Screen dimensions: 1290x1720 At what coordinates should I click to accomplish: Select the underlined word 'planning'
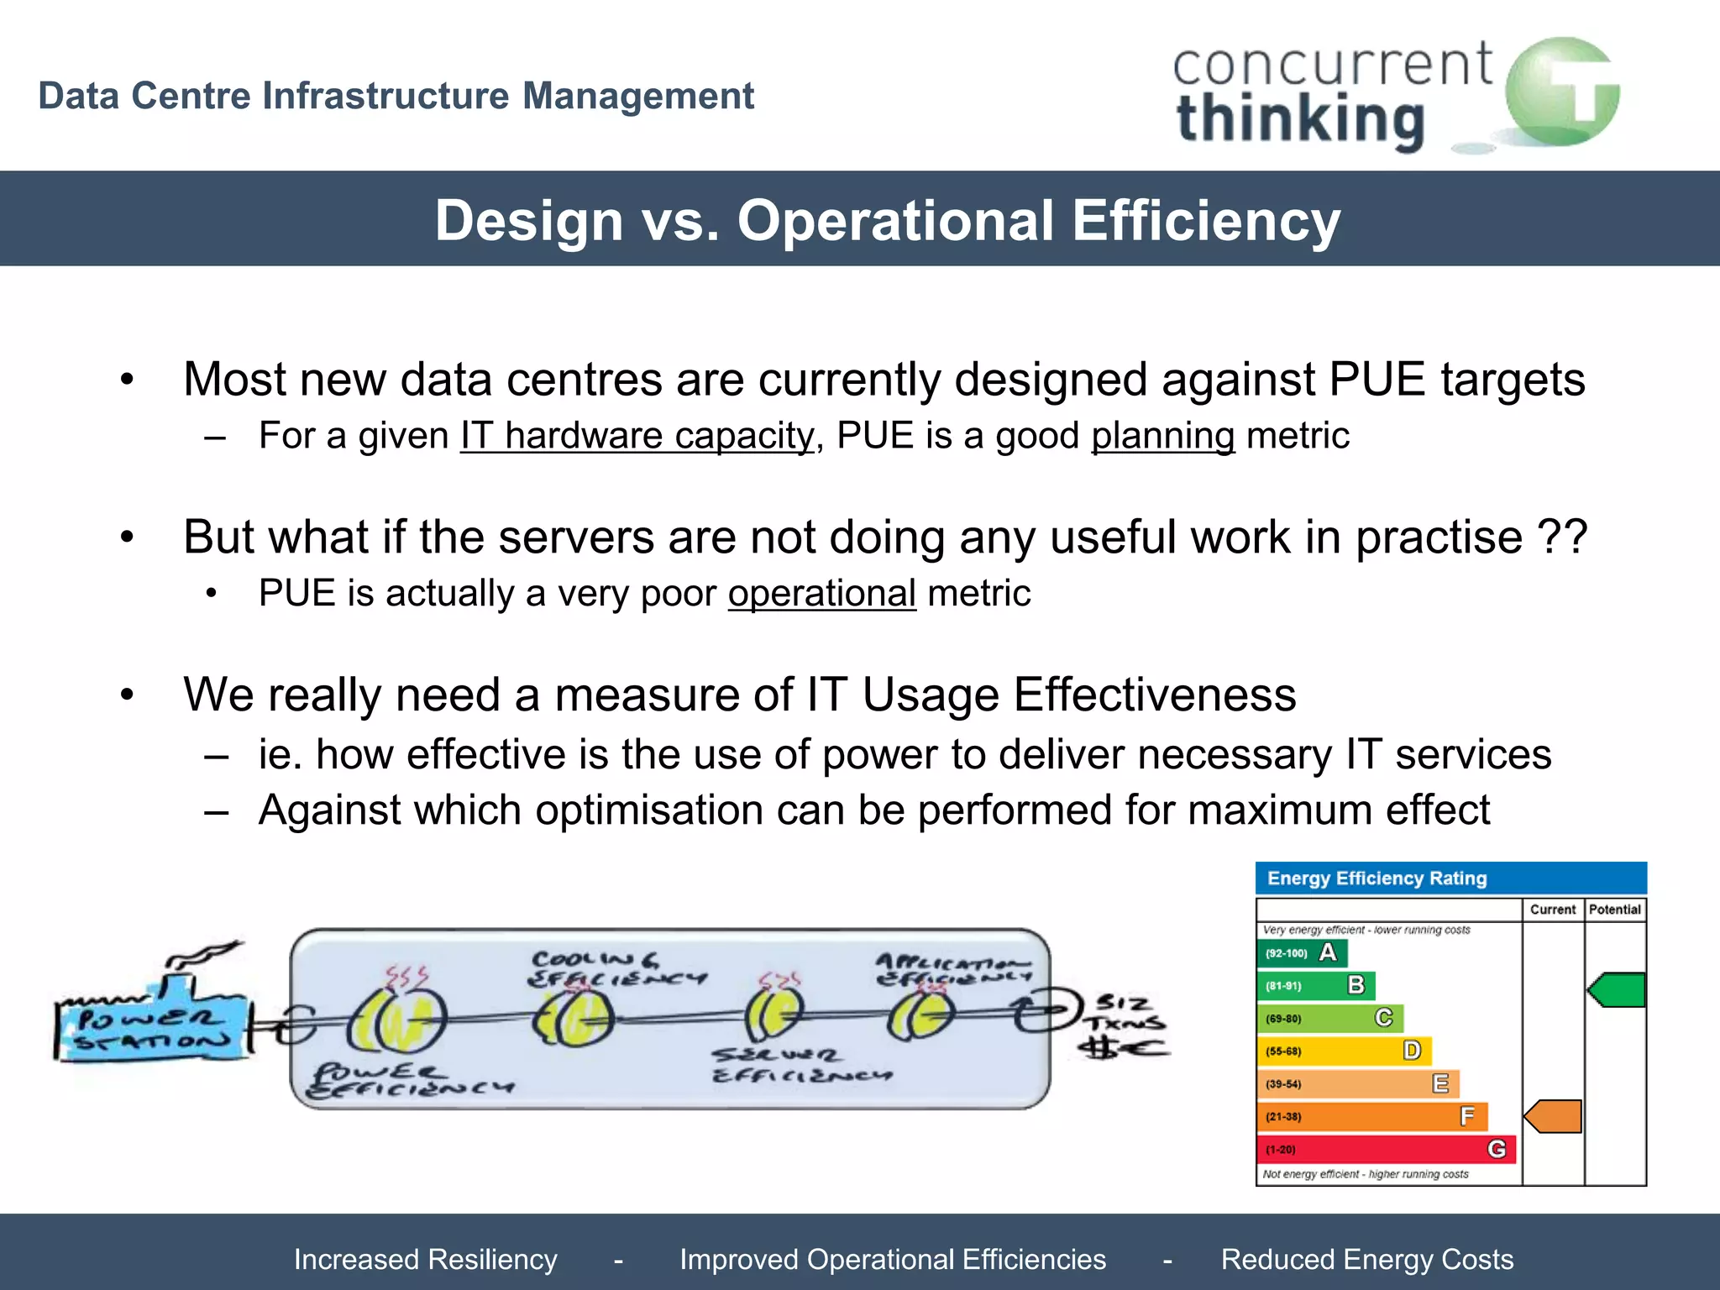[x=1162, y=436]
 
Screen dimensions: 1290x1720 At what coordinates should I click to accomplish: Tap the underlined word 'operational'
[x=821, y=594]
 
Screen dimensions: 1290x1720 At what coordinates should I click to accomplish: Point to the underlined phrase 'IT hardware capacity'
[x=637, y=436]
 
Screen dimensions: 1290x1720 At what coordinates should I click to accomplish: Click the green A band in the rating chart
[x=1302, y=953]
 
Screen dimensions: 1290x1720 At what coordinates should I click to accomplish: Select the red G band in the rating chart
[x=1386, y=1149]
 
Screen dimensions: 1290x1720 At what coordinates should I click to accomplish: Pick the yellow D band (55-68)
[x=1344, y=1051]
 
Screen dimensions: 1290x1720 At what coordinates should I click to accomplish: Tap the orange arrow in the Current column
[x=1554, y=1117]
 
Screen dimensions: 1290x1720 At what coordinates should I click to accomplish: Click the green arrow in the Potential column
[x=1617, y=990]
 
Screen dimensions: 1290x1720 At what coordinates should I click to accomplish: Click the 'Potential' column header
[x=1614, y=910]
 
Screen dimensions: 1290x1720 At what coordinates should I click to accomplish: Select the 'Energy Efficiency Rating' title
[x=1377, y=878]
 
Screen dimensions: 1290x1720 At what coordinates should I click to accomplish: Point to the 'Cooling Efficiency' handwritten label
[x=617, y=969]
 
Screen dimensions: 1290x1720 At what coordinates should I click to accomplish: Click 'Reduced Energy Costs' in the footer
[x=1366, y=1260]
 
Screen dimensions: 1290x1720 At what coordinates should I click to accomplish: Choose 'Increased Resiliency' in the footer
[x=425, y=1260]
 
